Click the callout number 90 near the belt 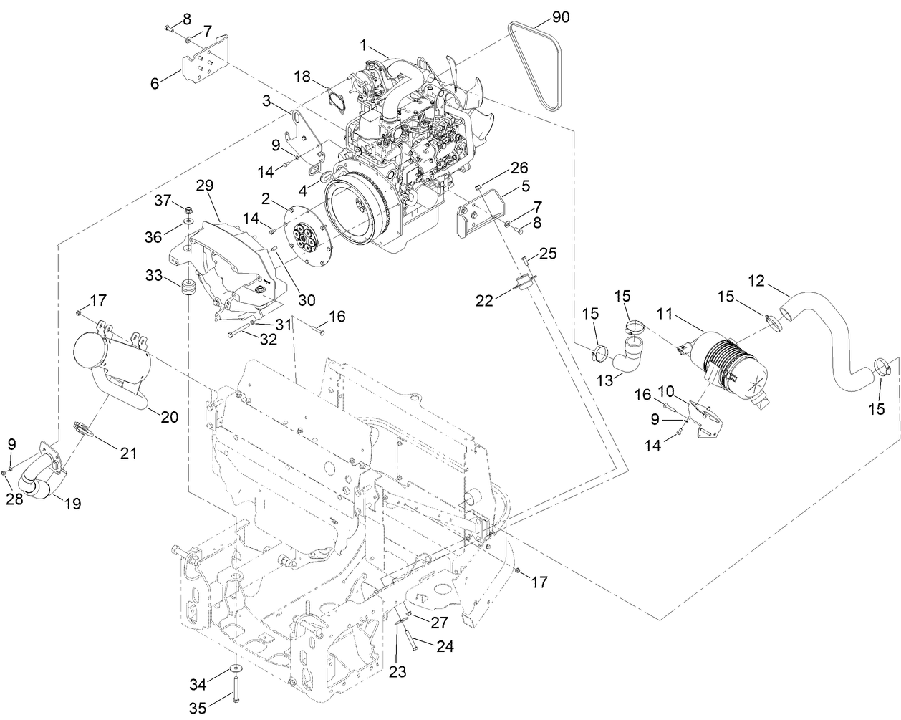click(x=561, y=16)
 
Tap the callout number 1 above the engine click(x=364, y=45)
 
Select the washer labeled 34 click(x=236, y=668)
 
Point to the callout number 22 click(x=485, y=302)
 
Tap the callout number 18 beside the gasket click(x=302, y=76)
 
